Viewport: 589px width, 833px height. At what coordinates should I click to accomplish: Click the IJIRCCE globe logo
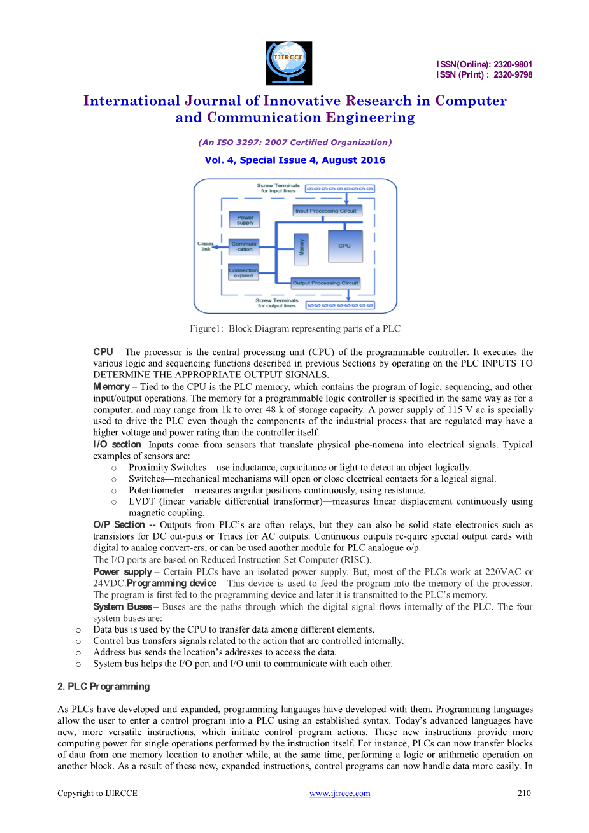coord(288,63)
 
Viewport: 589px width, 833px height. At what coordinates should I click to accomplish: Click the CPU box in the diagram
coord(344,246)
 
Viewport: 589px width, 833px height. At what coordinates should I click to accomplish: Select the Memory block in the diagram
coord(301,248)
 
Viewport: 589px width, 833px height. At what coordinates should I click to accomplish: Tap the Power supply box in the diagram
coord(245,220)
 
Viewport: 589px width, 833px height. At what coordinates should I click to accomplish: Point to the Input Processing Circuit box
coord(326,211)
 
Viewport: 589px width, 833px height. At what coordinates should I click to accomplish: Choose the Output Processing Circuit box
coord(325,283)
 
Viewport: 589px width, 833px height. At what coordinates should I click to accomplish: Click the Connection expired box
coord(243,273)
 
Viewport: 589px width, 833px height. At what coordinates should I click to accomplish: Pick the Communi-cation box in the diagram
coord(244,246)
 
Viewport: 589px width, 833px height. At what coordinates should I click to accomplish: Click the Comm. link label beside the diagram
coord(206,246)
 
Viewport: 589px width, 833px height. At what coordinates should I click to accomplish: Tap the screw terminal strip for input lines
coord(339,189)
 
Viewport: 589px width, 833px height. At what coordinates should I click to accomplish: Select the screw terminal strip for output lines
coord(340,305)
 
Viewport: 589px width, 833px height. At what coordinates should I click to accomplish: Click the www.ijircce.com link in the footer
coord(339,794)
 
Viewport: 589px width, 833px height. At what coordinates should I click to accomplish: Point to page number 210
coord(523,794)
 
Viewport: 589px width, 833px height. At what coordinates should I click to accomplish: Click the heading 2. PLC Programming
coord(104,687)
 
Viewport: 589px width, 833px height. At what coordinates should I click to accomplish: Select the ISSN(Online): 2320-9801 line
coord(484,64)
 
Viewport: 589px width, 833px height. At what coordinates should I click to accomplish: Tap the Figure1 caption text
coord(295,329)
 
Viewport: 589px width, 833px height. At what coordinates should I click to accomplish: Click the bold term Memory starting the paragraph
coord(111,387)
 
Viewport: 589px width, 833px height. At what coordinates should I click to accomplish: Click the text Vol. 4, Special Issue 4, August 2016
coord(295,160)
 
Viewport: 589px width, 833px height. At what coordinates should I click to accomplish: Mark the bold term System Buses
coord(123,606)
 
